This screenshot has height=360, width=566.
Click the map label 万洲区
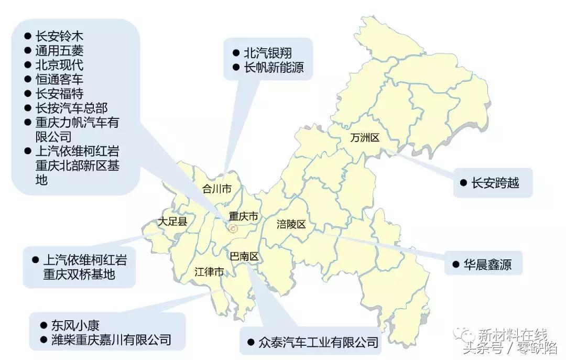(365, 138)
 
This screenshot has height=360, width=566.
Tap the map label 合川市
(217, 189)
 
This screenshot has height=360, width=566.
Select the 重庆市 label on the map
(244, 216)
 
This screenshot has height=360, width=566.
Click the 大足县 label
(172, 222)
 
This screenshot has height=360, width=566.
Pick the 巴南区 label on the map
(245, 256)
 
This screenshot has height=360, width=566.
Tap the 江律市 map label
(209, 271)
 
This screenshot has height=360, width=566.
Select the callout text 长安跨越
(495, 183)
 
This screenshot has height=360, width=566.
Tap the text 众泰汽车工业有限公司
(319, 343)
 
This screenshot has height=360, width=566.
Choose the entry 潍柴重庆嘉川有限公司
(111, 340)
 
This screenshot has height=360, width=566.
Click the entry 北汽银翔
(268, 53)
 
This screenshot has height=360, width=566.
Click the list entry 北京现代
(59, 66)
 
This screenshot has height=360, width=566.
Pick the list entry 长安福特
(59, 94)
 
